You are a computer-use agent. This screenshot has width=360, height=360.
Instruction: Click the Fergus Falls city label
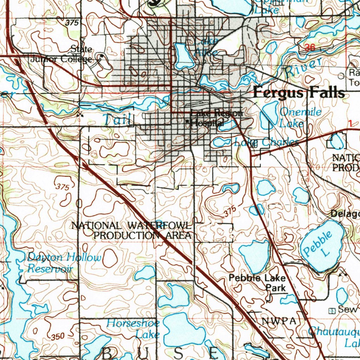(298, 93)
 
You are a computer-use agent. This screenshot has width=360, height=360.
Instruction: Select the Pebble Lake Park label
(257, 283)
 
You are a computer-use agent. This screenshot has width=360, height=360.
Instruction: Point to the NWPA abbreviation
(279, 321)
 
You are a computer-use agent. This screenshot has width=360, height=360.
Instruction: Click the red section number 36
(310, 48)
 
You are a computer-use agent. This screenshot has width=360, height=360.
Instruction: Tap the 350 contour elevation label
(57, 337)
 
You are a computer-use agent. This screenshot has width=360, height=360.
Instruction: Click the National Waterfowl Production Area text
(132, 230)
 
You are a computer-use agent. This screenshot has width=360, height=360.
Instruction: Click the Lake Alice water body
(183, 56)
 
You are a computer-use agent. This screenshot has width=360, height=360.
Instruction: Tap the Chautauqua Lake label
(334, 336)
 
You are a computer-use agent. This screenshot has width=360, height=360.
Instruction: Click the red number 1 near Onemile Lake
(350, 123)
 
